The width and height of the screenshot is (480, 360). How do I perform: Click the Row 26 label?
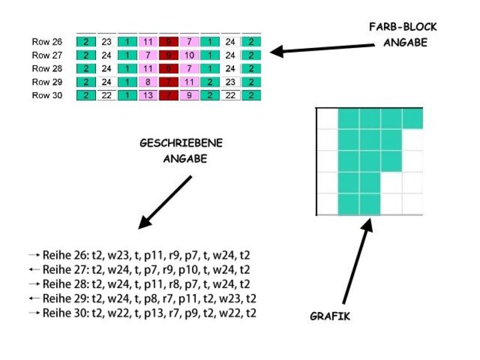(x=47, y=42)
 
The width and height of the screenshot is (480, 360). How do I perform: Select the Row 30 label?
(x=47, y=95)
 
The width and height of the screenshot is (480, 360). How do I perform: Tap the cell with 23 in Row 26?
(x=107, y=42)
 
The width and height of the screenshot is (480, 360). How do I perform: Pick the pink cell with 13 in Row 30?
(x=148, y=95)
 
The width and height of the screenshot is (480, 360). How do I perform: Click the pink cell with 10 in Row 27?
(x=189, y=55)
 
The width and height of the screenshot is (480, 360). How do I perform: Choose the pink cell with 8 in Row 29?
(x=148, y=82)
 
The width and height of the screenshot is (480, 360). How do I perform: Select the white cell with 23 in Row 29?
(x=230, y=82)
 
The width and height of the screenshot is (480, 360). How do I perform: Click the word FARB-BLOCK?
(x=403, y=27)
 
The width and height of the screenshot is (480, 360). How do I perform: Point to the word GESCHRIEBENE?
(x=181, y=144)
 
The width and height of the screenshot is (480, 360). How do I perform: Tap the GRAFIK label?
(x=329, y=316)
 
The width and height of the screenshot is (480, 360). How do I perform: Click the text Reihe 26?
(x=65, y=255)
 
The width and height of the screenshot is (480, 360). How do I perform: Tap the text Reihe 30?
(x=65, y=313)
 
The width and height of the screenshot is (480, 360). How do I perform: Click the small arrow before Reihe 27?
(x=34, y=270)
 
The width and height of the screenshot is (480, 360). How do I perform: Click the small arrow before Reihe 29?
(x=34, y=299)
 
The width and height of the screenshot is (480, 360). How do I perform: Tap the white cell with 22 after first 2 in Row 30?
(x=107, y=95)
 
